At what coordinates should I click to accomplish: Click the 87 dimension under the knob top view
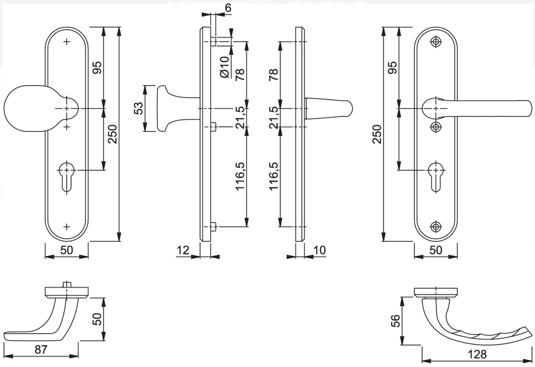[x=41, y=349]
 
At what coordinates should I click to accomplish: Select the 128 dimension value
[x=477, y=354]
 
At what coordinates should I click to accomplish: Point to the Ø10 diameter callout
[x=225, y=67]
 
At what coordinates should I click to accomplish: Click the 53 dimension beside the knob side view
[x=138, y=108]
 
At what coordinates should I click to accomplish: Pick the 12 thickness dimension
[x=182, y=251]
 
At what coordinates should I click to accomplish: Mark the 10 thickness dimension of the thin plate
[x=320, y=251]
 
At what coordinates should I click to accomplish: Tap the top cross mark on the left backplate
[x=66, y=42]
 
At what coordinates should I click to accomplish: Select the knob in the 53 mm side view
[x=167, y=108]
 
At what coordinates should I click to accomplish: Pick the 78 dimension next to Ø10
[x=240, y=67]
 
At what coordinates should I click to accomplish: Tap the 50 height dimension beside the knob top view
[x=96, y=319]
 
